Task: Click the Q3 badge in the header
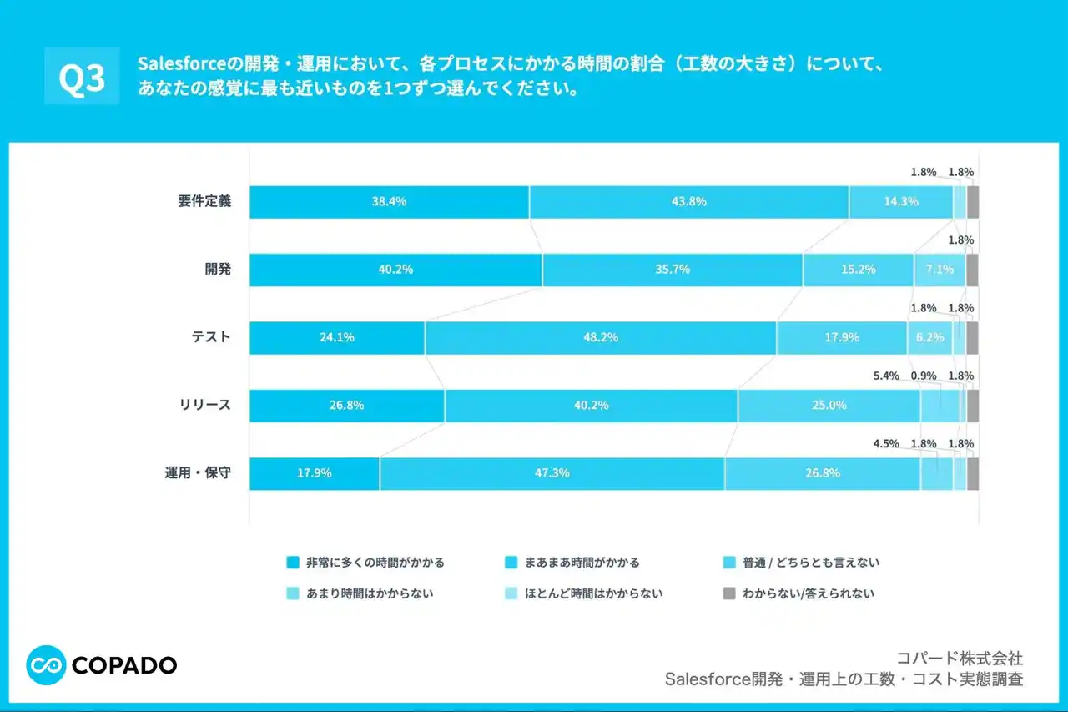point(82,77)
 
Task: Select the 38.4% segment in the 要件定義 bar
point(389,202)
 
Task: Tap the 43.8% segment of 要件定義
point(689,202)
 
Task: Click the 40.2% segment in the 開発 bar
point(395,270)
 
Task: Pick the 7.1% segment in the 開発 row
point(940,270)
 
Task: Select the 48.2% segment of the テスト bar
point(601,338)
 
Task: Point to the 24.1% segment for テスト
point(337,338)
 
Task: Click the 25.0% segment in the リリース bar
point(829,406)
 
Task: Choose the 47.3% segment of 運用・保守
point(552,473)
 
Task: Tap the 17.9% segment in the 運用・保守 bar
point(315,473)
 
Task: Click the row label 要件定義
point(204,201)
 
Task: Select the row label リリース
point(204,405)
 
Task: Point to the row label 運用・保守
point(198,472)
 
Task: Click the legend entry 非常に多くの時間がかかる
point(375,563)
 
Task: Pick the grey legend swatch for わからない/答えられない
point(728,594)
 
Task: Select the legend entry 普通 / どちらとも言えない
point(810,563)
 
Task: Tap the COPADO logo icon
point(46,664)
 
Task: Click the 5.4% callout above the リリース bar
point(886,376)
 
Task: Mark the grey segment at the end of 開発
point(972,270)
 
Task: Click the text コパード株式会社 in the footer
point(960,659)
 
